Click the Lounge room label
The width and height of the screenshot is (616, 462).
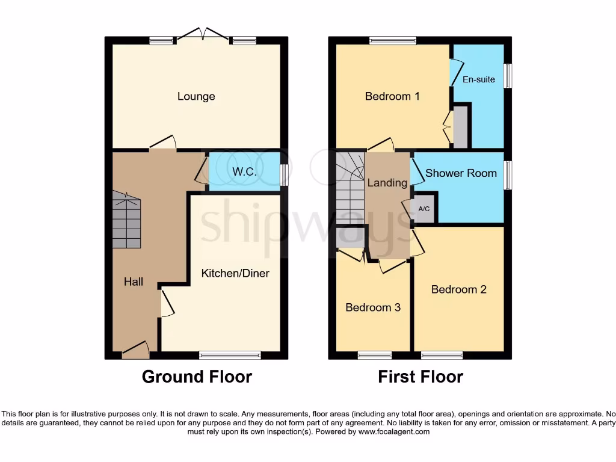pyautogui.click(x=196, y=96)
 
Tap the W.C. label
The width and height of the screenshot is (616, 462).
pyautogui.click(x=245, y=172)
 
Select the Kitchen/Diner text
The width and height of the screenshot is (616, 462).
pyautogui.click(x=235, y=273)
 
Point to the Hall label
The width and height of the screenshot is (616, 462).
pyautogui.click(x=134, y=282)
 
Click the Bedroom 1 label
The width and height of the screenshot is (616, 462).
pyautogui.click(x=392, y=96)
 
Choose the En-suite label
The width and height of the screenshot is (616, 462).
pyautogui.click(x=479, y=79)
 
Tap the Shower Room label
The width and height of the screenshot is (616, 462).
pyautogui.click(x=461, y=173)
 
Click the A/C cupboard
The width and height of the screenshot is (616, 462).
pyautogui.click(x=424, y=208)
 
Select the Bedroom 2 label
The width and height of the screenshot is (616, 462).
pyautogui.click(x=459, y=289)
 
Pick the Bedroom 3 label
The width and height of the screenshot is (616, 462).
pyautogui.click(x=373, y=307)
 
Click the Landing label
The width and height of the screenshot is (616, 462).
pyautogui.click(x=387, y=183)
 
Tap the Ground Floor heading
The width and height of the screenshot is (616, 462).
pyautogui.click(x=197, y=377)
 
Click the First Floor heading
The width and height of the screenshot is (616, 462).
pyautogui.click(x=420, y=377)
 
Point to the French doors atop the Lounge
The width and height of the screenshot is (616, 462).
pyautogui.click(x=202, y=35)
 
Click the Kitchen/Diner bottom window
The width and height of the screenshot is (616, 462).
pyautogui.click(x=230, y=355)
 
